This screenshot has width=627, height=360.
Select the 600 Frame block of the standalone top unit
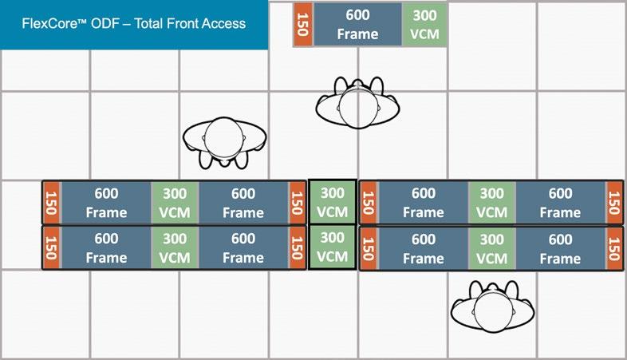357,24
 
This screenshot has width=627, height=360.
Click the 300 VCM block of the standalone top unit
424,24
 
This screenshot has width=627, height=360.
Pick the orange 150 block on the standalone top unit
302,24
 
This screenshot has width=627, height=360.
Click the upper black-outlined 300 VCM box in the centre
332,203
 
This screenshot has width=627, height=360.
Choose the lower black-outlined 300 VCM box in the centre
332,247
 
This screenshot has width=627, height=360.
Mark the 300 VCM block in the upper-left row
175,203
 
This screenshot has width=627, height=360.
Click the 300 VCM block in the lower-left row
175,248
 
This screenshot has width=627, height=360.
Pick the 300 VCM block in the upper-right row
491,203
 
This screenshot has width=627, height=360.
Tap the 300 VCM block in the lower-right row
491,248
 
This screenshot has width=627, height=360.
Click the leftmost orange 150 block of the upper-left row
52,203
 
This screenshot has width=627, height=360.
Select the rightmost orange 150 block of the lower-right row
613,248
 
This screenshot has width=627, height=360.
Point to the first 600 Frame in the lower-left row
105,248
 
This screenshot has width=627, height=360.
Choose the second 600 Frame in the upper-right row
560,203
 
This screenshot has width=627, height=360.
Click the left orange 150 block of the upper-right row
369,203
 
